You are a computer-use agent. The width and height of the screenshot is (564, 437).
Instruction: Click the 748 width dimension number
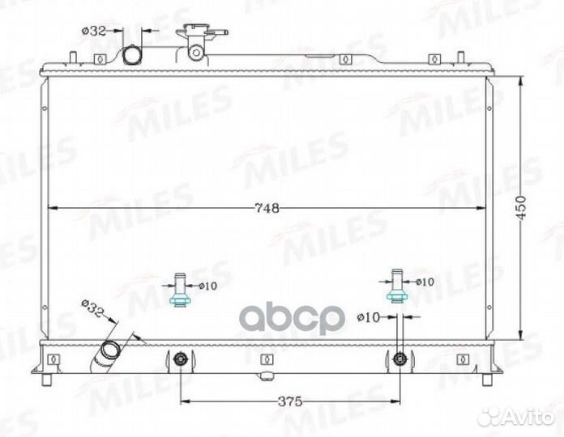click(x=267, y=208)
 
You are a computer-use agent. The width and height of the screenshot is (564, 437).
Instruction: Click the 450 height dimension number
click(x=522, y=208)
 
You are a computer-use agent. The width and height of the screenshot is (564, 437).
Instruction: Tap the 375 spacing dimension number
click(x=290, y=401)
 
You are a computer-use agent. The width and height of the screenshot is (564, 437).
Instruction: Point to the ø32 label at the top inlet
click(x=94, y=32)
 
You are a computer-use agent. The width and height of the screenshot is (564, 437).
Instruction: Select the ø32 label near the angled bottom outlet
click(x=92, y=308)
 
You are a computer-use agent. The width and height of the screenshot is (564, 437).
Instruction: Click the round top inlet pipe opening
click(x=132, y=55)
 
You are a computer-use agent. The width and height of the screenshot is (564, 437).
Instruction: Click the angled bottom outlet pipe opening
click(x=110, y=350)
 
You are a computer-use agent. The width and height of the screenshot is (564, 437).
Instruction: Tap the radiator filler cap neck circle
click(x=196, y=53)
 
